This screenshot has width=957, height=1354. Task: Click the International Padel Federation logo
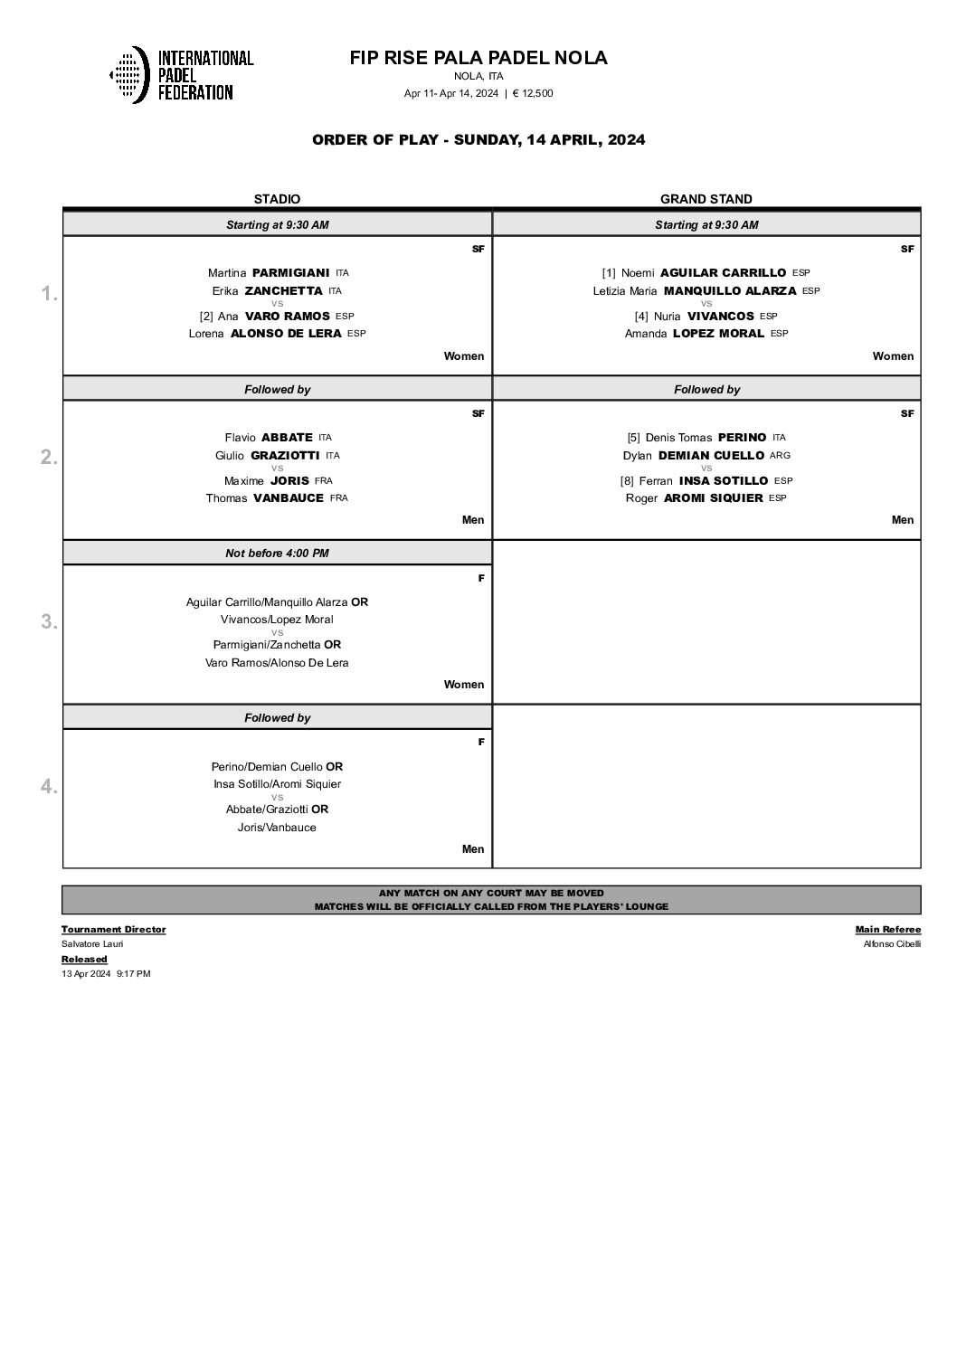181,74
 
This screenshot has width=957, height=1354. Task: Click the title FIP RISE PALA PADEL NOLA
478,58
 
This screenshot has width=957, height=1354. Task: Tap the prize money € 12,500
533,93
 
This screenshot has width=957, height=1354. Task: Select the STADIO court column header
277,199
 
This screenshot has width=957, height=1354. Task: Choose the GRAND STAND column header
706,199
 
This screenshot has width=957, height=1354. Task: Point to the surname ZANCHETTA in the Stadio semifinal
283,290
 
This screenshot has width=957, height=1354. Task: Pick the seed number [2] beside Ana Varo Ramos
206,317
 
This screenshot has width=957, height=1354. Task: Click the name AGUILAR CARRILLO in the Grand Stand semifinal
723,272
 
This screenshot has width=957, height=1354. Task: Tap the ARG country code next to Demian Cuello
780,456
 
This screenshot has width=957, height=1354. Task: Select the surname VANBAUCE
288,498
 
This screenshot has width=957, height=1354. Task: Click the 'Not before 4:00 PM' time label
277,554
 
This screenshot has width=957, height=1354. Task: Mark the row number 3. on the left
49,622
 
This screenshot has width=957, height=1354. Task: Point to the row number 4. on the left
49,787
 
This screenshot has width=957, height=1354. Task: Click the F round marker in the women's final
480,578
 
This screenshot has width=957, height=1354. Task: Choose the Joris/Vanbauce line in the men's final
277,828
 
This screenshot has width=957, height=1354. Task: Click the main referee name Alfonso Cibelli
892,944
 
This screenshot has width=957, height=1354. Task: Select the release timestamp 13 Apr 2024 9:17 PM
106,974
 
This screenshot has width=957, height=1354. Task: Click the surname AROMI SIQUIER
713,498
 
